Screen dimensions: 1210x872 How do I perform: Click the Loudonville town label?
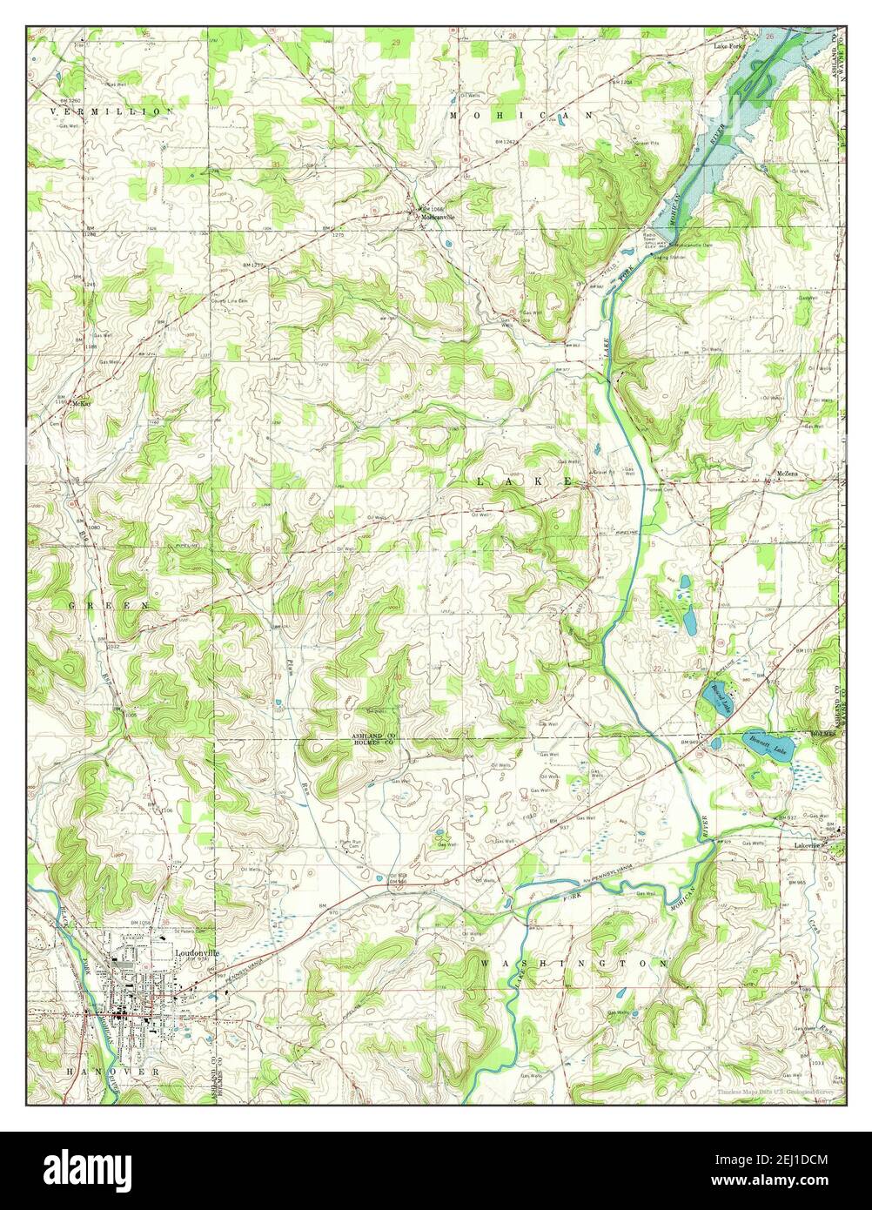(197, 953)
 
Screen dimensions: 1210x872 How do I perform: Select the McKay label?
(82, 404)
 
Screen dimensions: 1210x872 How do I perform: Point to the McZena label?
(788, 474)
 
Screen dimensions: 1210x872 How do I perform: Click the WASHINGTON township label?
(574, 965)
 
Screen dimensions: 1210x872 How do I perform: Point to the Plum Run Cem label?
(351, 842)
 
